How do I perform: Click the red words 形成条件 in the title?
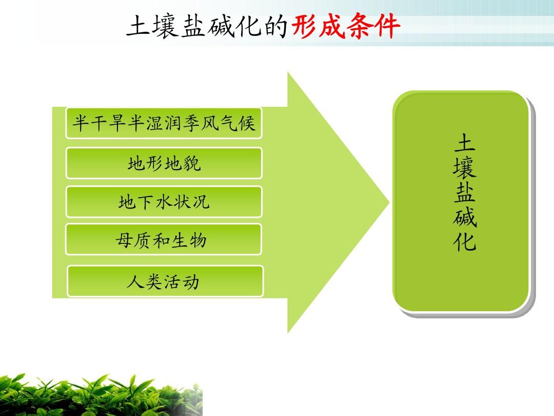click(346, 26)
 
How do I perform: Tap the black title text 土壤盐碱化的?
click(207, 26)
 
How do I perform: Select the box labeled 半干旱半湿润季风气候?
click(164, 123)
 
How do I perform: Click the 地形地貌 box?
click(164, 163)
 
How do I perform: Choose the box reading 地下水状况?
click(164, 202)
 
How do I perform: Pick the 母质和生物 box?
click(163, 239)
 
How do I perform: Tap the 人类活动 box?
click(165, 281)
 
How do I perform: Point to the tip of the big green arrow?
click(389, 202)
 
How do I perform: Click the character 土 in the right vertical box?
click(465, 143)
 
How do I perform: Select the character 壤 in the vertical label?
click(465, 167)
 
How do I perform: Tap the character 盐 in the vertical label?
click(465, 192)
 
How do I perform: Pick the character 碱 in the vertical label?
click(465, 216)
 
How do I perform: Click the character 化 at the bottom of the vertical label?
click(465, 241)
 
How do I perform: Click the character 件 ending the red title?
click(387, 26)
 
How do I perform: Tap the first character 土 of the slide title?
click(138, 26)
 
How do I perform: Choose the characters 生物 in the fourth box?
click(189, 240)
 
